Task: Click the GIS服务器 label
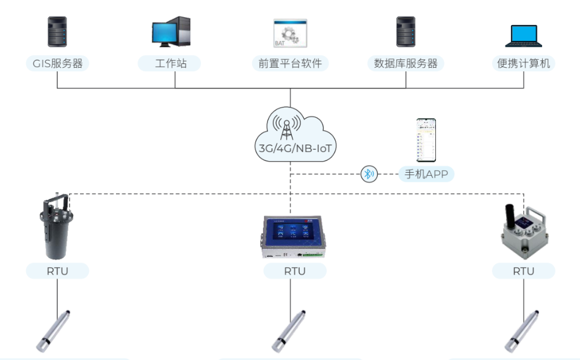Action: [57, 63]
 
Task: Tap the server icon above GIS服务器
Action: [57, 32]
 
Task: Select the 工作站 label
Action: [170, 63]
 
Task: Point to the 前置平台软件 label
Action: [290, 63]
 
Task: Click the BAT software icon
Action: [290, 33]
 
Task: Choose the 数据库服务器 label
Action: [406, 63]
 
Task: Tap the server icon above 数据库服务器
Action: [406, 32]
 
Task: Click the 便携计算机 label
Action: [524, 63]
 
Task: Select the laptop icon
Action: [524, 36]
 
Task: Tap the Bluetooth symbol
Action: [369, 175]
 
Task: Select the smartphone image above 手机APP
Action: [426, 140]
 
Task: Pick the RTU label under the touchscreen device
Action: [295, 271]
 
